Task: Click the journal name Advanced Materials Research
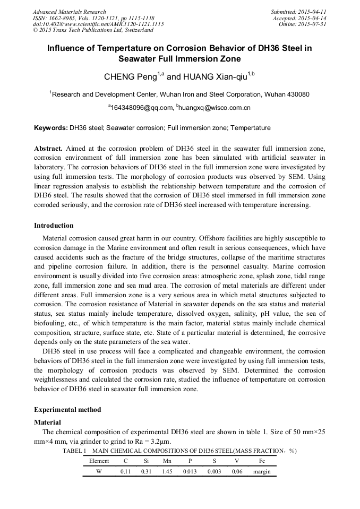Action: (69, 12)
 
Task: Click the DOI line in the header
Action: (98, 24)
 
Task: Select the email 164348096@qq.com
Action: (142, 108)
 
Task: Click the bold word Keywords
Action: (50, 128)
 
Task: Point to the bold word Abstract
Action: (48, 148)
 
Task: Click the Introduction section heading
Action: (54, 226)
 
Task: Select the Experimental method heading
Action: (67, 410)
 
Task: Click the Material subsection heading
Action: (47, 422)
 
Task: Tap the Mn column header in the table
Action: (167, 461)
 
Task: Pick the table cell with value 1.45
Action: (167, 471)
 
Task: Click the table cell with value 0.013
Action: (190, 471)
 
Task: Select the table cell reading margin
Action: (262, 471)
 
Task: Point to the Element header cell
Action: (99, 461)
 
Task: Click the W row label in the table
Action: (99, 471)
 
